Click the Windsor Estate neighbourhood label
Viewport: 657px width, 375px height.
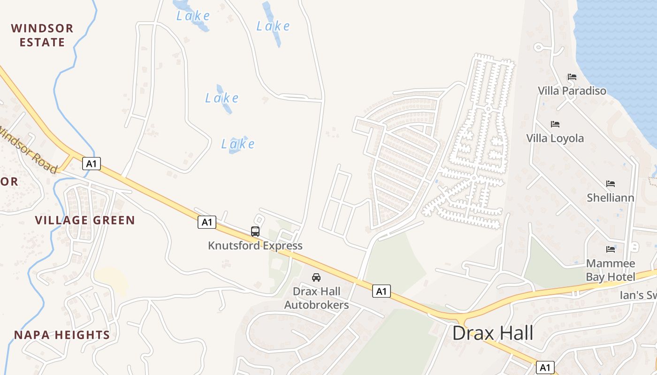click(x=42, y=35)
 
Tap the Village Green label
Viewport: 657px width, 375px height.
click(x=85, y=220)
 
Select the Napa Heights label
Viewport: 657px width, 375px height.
click(x=61, y=335)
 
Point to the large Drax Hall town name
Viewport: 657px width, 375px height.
click(x=493, y=333)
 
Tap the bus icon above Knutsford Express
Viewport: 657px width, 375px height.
click(x=255, y=231)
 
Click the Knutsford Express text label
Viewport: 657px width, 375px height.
click(x=255, y=246)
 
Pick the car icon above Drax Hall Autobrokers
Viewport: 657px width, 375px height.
click(x=316, y=277)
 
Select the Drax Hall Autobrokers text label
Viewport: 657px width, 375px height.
click(x=316, y=298)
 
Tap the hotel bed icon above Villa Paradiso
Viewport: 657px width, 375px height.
click(x=572, y=77)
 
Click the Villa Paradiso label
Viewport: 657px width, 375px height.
click(x=572, y=90)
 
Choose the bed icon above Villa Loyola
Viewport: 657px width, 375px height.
click(x=555, y=124)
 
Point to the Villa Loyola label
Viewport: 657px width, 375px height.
click(x=555, y=138)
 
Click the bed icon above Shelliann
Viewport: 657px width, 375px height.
click(x=610, y=183)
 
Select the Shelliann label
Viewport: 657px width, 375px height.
click(x=610, y=198)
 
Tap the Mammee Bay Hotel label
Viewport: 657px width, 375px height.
click(x=610, y=270)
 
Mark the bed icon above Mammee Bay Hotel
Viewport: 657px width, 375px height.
click(x=610, y=249)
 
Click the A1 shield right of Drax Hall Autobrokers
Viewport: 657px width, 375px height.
click(x=382, y=291)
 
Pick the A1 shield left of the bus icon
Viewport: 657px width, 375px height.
click(x=206, y=222)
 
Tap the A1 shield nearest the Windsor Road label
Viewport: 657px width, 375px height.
click(x=92, y=163)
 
